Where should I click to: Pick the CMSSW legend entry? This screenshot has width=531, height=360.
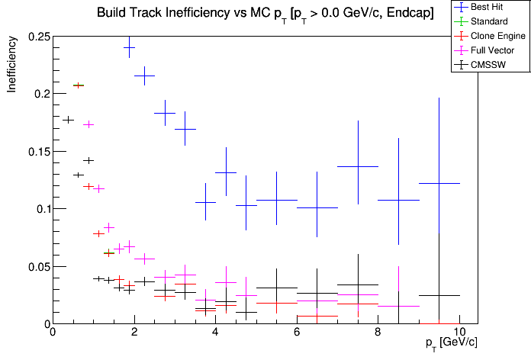(x=490, y=65)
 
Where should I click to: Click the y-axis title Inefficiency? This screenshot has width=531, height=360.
(x=12, y=66)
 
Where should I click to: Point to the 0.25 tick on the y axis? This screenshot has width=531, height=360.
(x=37, y=37)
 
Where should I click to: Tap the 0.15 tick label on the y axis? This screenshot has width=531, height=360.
(x=37, y=152)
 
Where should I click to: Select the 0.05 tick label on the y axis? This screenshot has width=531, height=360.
(x=37, y=267)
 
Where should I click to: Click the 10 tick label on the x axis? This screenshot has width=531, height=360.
(x=459, y=333)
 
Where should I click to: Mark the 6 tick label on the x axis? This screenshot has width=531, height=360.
(x=297, y=333)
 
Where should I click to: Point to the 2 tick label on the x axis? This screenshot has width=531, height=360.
(x=134, y=333)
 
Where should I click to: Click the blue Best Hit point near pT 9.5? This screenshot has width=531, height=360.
(x=439, y=183)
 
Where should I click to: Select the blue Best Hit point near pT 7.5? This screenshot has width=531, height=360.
(x=358, y=166)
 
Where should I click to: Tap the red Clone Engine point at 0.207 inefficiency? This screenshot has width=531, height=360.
(x=78, y=85)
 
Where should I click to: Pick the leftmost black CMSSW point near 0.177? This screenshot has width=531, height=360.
(x=68, y=120)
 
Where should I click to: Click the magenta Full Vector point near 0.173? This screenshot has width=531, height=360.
(x=88, y=124)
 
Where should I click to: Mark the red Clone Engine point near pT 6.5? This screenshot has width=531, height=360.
(x=317, y=316)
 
